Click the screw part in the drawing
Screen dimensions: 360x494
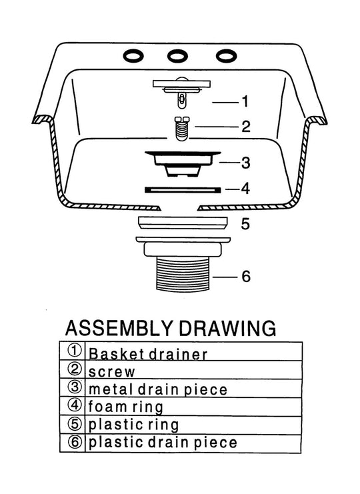183,129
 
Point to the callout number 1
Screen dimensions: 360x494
245,101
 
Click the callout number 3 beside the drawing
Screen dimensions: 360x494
246,163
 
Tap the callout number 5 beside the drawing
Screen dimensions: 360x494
245,224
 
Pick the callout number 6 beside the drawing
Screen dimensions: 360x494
246,276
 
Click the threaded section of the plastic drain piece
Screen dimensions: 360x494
183,273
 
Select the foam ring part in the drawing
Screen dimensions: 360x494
183,190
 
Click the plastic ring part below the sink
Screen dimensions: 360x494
183,223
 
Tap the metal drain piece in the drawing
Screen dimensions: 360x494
183,163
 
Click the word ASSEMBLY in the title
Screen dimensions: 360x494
119,328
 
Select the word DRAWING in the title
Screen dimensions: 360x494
227,328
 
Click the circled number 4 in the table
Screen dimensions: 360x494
75,405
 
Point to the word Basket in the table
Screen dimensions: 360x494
117,354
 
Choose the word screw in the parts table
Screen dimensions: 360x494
111,372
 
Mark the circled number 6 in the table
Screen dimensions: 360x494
75,442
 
